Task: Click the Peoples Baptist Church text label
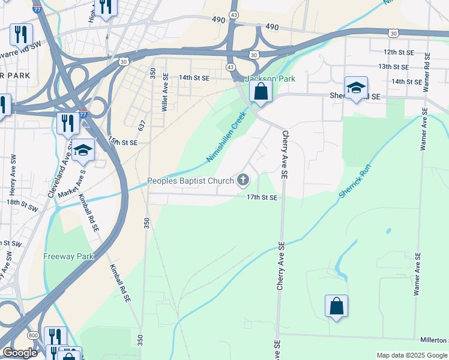tap(191, 181)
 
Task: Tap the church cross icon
tap(244, 179)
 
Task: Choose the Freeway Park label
tap(68, 256)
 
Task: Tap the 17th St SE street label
tap(262, 197)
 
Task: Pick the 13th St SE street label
tap(393, 67)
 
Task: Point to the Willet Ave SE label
tap(164, 96)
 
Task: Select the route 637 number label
tap(142, 125)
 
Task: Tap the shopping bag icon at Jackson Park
tap(261, 92)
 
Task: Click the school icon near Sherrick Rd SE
tap(356, 88)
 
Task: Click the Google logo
tap(20, 353)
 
